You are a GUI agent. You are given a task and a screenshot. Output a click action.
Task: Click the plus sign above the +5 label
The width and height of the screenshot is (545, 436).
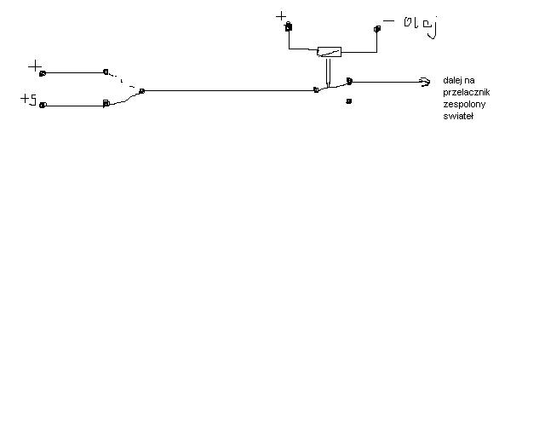pyautogui.click(x=34, y=66)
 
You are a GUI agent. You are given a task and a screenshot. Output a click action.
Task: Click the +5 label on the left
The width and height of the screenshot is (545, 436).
pyautogui.click(x=29, y=100)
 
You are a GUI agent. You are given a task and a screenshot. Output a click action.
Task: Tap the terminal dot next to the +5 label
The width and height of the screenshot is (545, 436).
pyautogui.click(x=43, y=106)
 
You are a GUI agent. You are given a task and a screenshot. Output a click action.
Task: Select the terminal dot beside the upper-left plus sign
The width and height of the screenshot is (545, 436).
pyautogui.click(x=43, y=72)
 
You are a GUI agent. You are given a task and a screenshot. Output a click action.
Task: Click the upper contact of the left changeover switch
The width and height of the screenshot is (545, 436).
pyautogui.click(x=106, y=72)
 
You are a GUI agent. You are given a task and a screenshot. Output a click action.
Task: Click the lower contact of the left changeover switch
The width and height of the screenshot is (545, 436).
pyautogui.click(x=106, y=104)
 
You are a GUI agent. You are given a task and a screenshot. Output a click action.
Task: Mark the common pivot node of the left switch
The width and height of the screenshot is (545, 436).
pyautogui.click(x=141, y=90)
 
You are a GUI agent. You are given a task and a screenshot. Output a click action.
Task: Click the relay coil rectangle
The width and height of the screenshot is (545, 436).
pyautogui.click(x=329, y=51)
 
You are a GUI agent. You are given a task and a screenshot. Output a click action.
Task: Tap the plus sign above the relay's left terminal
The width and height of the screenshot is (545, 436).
pyautogui.click(x=282, y=15)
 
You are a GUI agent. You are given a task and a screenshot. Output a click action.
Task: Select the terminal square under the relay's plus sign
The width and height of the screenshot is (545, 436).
pyautogui.click(x=289, y=28)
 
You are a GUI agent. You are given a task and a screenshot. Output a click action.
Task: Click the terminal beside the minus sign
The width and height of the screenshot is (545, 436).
pyautogui.click(x=376, y=29)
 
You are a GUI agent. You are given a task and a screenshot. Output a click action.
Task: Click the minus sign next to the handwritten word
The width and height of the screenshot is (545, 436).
pyautogui.click(x=388, y=20)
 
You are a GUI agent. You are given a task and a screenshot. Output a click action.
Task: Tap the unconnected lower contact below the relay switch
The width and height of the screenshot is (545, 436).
pyautogui.click(x=349, y=100)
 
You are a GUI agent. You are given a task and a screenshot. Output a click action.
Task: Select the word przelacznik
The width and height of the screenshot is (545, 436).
pyautogui.click(x=467, y=92)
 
